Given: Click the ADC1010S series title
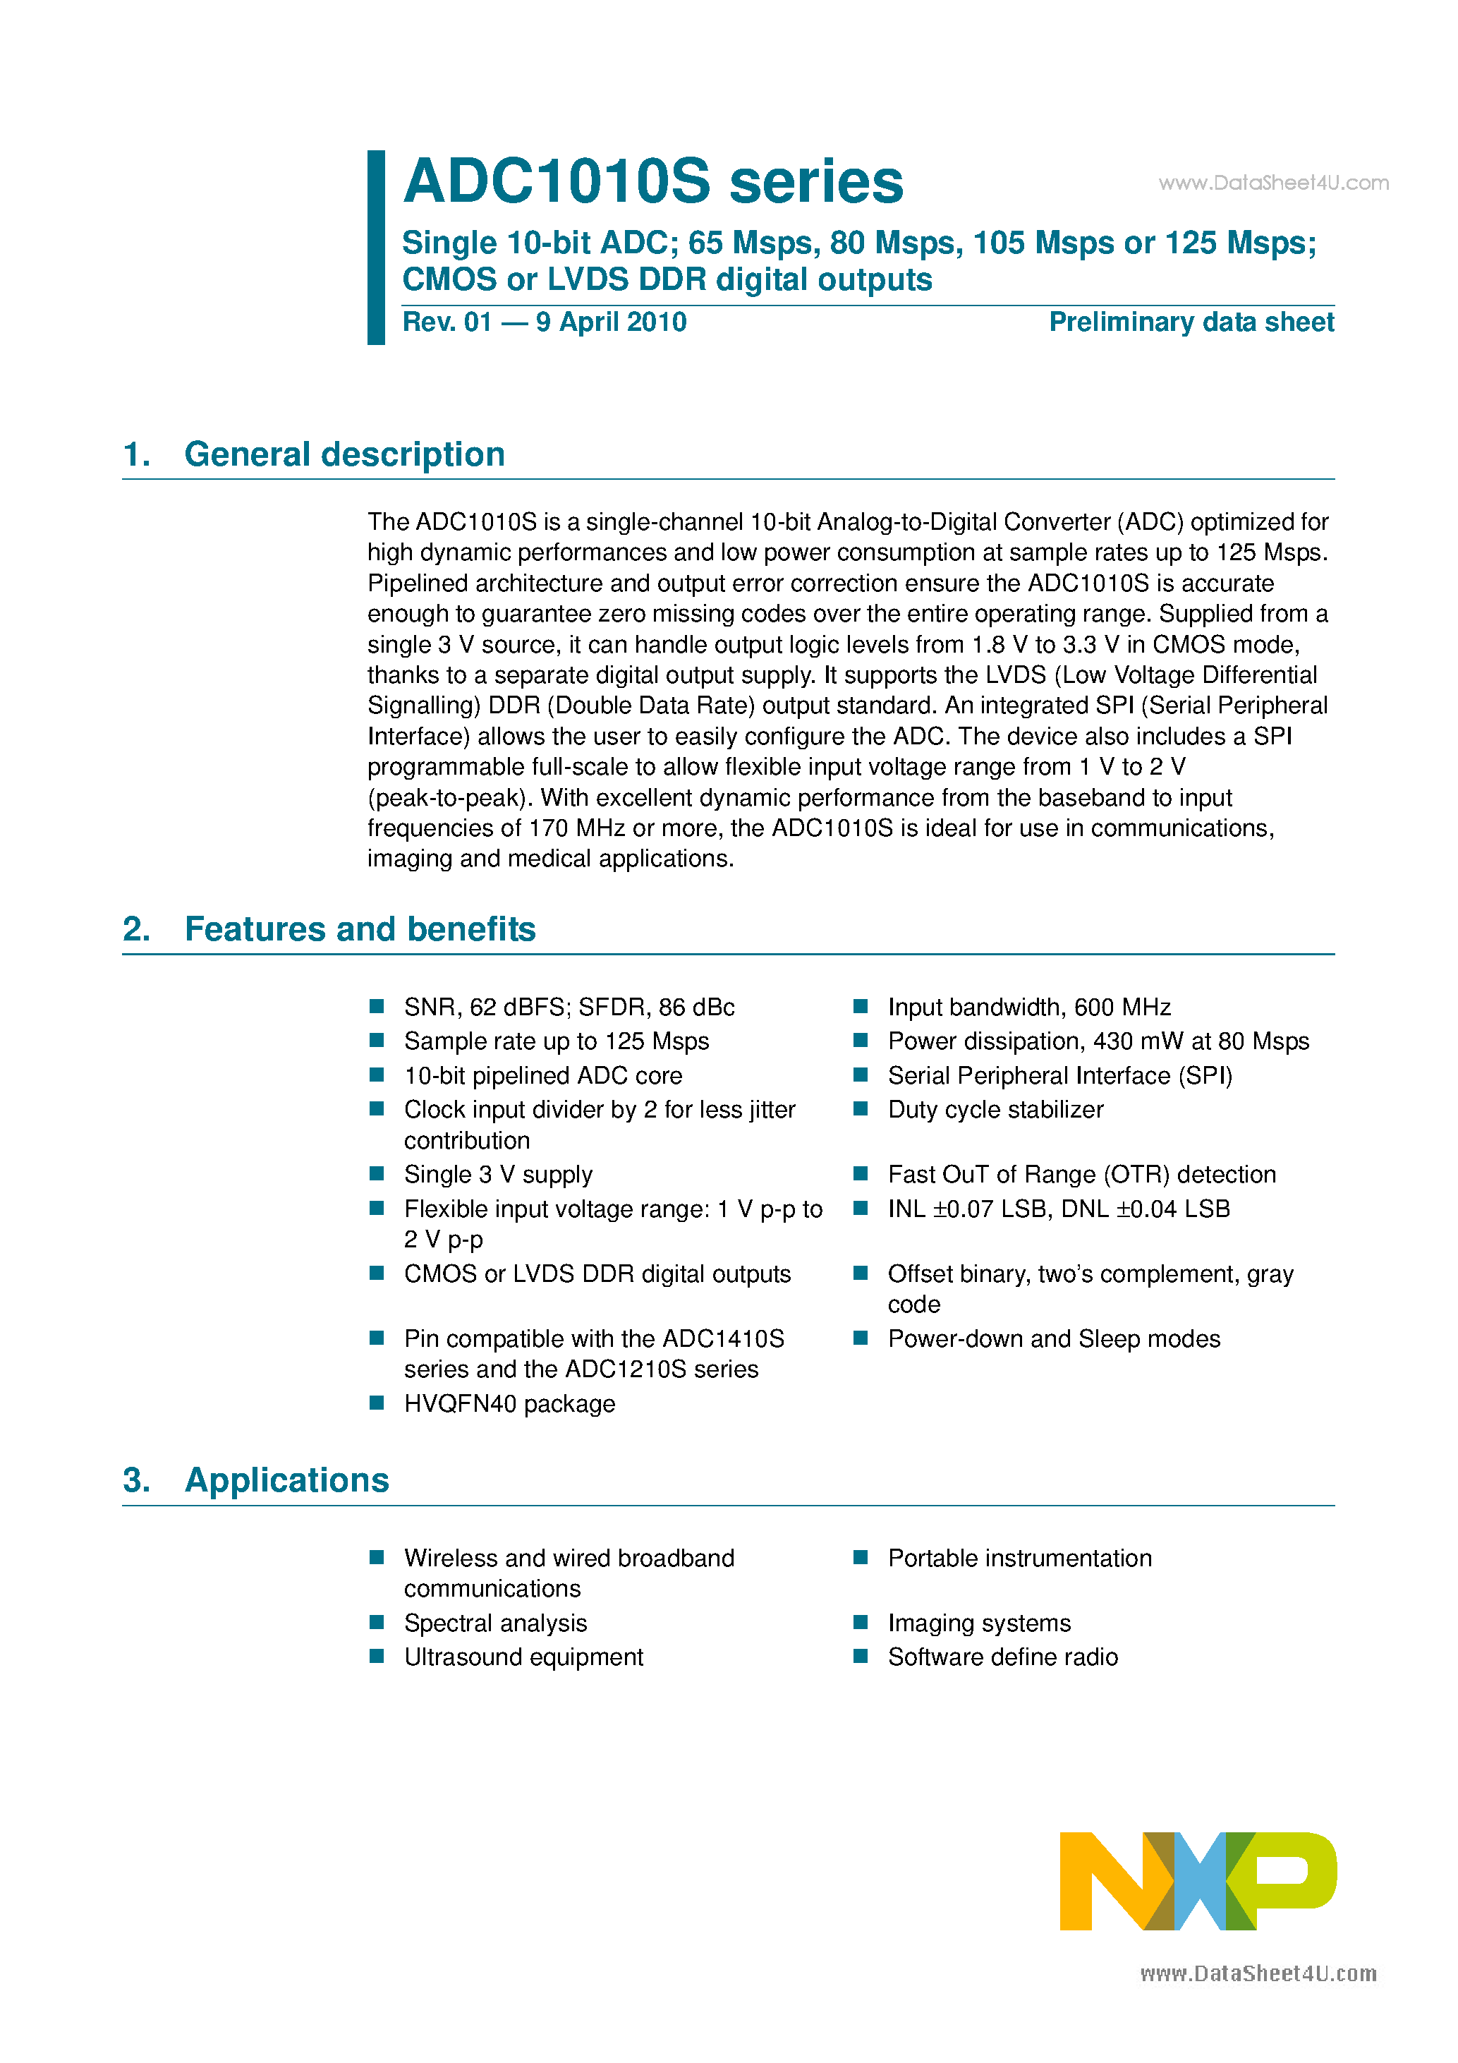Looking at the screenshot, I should point(653,181).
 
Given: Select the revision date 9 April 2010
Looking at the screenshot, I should point(611,322).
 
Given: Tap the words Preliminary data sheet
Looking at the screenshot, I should point(1191,322).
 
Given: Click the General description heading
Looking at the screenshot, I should point(344,454).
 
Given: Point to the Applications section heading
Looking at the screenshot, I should point(286,1480).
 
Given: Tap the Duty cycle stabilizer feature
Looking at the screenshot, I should point(995,1110).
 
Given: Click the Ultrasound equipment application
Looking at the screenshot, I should point(523,1657).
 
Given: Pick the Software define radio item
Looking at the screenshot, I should point(1002,1657).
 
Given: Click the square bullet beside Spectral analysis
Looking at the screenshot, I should point(377,1623).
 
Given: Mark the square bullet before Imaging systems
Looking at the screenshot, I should point(861,1623).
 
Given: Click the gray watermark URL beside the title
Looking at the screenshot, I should point(1273,183).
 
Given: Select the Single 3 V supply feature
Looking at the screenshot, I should point(498,1174).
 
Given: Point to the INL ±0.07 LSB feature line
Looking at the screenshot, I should point(1058,1209).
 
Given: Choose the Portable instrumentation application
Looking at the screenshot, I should point(1019,1558).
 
